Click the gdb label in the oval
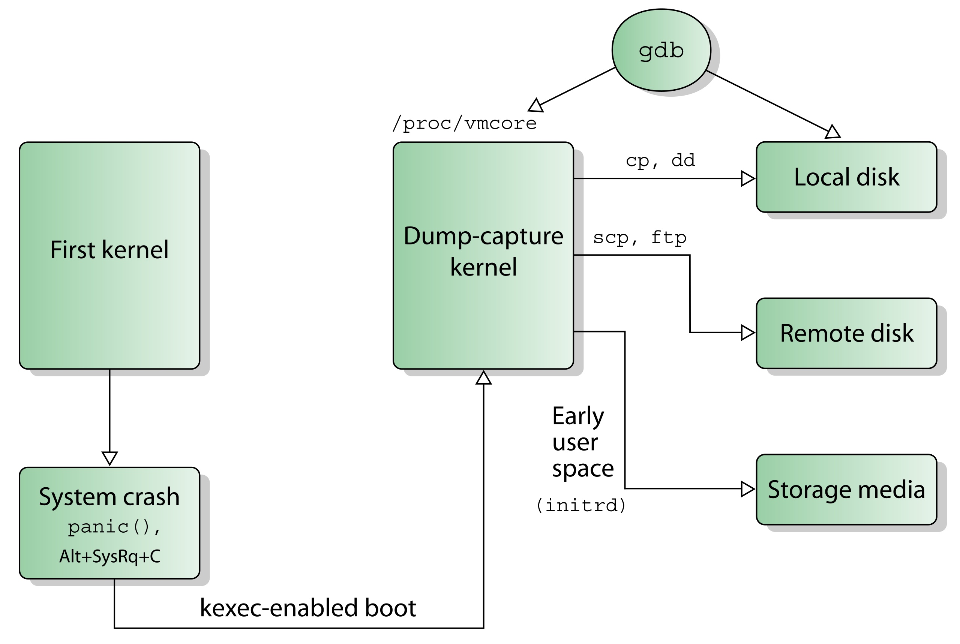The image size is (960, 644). tap(661, 51)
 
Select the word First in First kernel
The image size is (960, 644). tap(73, 250)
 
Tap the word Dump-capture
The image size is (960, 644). tap(483, 236)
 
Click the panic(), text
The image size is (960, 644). tap(114, 527)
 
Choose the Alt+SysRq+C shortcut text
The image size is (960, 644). tap(109, 557)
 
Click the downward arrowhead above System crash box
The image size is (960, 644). tap(109, 457)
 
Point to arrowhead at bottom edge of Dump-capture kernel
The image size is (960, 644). tap(483, 377)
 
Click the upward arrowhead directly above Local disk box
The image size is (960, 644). tap(832, 132)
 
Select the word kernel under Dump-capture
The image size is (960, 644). tap(483, 267)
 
